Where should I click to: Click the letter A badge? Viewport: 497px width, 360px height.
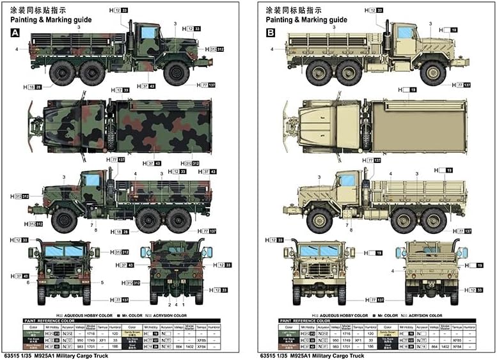pos(15,33)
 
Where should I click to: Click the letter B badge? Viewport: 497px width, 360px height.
pos(271,33)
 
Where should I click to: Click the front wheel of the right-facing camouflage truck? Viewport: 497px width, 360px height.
pos(175,72)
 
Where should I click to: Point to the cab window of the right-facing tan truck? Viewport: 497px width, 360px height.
pos(404,33)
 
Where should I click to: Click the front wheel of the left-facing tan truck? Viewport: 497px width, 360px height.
pos(318,221)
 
